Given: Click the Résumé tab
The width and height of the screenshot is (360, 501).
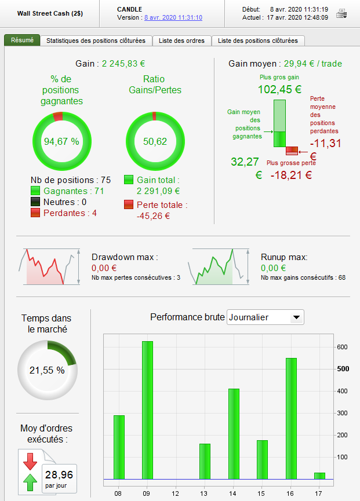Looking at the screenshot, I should coord(23,41).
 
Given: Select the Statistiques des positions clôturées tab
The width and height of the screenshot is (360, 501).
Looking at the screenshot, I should coord(96,41).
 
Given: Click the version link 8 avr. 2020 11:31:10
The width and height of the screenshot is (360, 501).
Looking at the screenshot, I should coord(173,17).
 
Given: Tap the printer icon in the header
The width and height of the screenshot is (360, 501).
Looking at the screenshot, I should coord(342,13).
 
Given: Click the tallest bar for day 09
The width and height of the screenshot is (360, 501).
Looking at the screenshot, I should coord(148,410).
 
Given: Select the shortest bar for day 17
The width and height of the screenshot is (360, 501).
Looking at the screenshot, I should coord(319,476).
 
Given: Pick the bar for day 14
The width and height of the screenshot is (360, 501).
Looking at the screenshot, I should coord(234,434).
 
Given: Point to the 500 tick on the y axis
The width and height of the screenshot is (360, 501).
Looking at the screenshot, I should coord(343,369).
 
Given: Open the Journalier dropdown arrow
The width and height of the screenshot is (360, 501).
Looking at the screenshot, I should coord(296,317).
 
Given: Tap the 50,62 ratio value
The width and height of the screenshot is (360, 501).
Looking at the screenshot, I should coord(154,141).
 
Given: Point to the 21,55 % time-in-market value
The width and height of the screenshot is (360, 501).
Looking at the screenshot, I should coord(48,370).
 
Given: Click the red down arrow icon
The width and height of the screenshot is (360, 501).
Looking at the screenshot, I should coord(30,462).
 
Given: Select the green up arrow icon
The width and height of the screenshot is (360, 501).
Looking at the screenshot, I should coord(30,482).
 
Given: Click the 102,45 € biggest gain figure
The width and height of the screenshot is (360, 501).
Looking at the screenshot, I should coord(279,89).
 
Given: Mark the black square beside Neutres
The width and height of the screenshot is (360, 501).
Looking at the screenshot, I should coord(36,202).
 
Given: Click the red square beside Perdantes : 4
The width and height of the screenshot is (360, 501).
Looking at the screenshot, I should coord(36,213).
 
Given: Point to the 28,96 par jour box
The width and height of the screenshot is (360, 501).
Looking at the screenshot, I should coord(60,478).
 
